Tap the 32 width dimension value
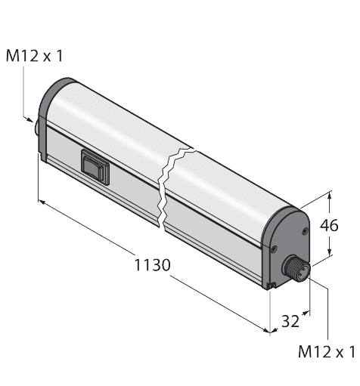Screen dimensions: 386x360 (x=290, y=321)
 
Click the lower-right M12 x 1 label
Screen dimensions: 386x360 (x=327, y=351)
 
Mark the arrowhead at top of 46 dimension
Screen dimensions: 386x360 (x=331, y=195)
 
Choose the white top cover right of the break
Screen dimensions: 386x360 (x=227, y=174)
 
